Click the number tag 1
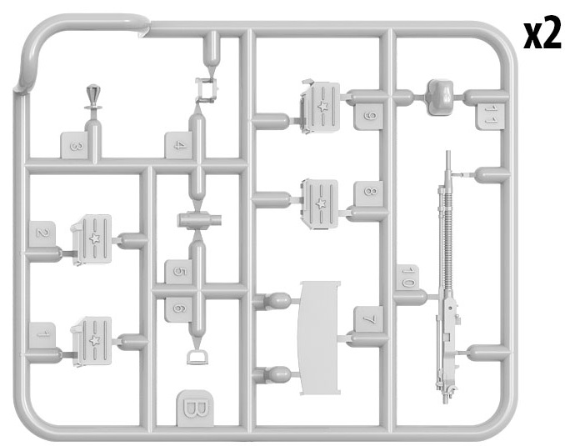[42, 335]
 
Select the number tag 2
[42, 234]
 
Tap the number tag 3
[75, 145]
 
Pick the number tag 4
[178, 145]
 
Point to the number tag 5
[178, 272]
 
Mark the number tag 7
[368, 319]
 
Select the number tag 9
[368, 117]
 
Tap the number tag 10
[407, 278]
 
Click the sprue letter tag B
[195, 408]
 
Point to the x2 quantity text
[542, 34]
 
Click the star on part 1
[95, 340]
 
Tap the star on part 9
[322, 106]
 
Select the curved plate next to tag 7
[319, 338]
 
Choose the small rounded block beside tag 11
[440, 97]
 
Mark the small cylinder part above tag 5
[199, 220]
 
